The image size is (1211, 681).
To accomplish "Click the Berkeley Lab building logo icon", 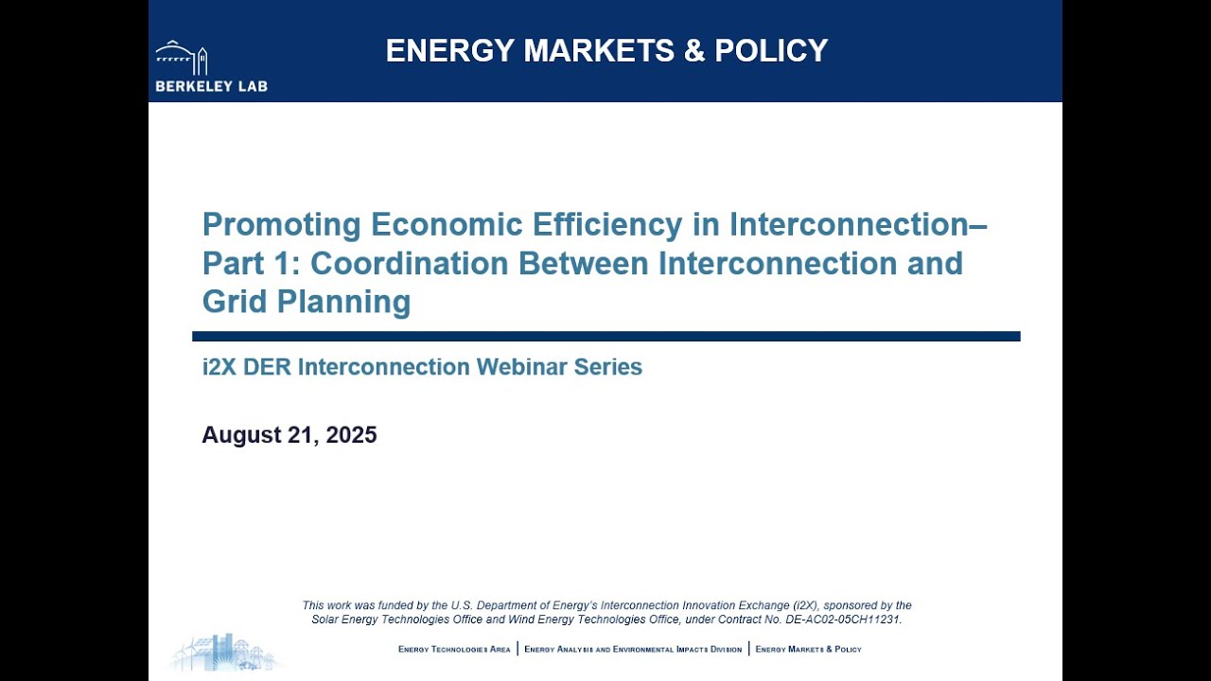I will [182, 57].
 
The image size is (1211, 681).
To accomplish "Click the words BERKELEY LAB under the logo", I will [211, 86].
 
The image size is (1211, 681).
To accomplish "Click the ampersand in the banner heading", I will [694, 50].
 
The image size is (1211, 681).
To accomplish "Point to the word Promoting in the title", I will [282, 225].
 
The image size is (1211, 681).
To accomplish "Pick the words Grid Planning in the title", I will [307, 302].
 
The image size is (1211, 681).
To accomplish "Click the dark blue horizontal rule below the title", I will [605, 336].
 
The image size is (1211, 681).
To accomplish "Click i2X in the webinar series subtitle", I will [219, 367].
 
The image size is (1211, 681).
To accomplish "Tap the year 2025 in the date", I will [351, 435].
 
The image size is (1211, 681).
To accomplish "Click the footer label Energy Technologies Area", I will [454, 650].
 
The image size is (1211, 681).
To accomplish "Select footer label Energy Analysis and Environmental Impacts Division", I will [633, 650].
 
